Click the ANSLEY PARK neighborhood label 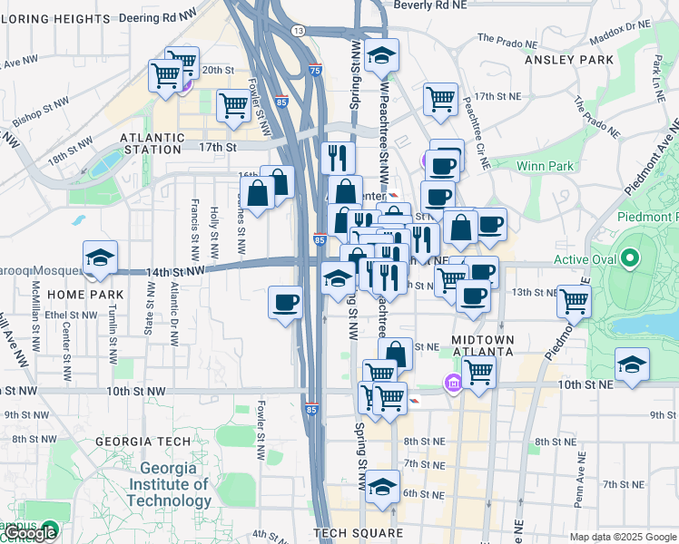(569, 60)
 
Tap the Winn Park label (545, 166)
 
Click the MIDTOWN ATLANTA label (483, 347)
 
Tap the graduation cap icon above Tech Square (383, 487)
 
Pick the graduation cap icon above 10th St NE (632, 364)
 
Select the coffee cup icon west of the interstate (285, 302)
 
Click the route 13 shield (298, 30)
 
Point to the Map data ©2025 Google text (622, 537)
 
